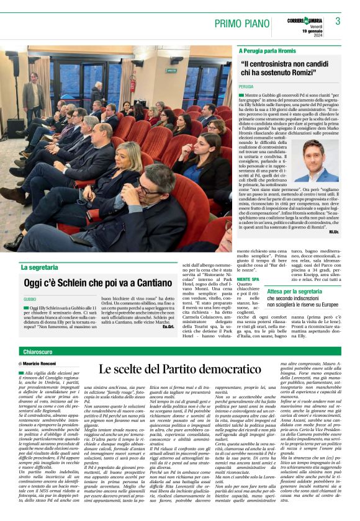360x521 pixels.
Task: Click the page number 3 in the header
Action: point(338,21)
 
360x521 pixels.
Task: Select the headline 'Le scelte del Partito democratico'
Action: point(179,370)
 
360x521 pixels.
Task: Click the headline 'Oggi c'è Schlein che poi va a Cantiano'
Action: point(90,283)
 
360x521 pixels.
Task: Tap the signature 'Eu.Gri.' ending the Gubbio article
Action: point(168,326)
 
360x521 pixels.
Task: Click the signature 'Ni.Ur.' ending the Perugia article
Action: point(334,231)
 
